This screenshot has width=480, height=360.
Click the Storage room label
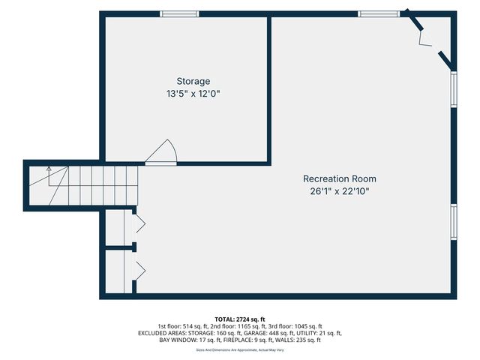tap(193, 81)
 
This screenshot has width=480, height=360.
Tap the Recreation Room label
tap(339, 178)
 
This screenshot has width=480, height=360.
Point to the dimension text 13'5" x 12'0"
tap(193, 94)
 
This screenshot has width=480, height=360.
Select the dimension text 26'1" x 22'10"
tap(339, 191)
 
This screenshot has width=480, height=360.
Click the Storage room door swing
tap(162, 152)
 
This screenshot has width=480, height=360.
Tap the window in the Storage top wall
tap(180, 13)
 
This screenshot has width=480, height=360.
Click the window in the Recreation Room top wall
tap(378, 13)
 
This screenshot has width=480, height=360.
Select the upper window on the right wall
tap(453, 89)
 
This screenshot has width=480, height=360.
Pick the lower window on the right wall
tap(453, 221)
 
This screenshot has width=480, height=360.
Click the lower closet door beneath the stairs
tap(139, 269)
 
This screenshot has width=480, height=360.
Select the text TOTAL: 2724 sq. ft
tap(239, 319)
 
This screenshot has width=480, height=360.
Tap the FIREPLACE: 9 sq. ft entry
tap(253, 340)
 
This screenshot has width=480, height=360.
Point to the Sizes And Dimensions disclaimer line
tap(239, 349)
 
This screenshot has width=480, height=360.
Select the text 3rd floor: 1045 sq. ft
tap(292, 326)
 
